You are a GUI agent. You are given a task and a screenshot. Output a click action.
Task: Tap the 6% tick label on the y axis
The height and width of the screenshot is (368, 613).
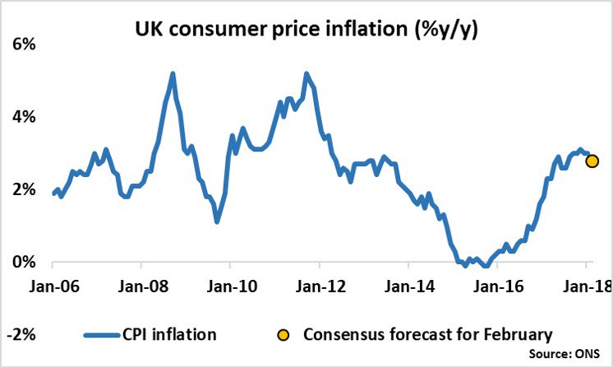pyautogui.click(x=22, y=44)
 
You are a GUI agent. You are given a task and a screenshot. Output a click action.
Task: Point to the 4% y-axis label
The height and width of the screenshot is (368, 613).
pyautogui.click(x=22, y=117)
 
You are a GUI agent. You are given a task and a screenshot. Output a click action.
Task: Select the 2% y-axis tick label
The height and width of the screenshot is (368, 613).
pyautogui.click(x=22, y=189)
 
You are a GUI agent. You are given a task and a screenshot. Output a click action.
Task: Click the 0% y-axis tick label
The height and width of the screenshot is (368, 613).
pyautogui.click(x=22, y=262)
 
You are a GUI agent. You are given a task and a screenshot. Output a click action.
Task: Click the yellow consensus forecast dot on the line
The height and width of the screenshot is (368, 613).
pyautogui.click(x=592, y=161)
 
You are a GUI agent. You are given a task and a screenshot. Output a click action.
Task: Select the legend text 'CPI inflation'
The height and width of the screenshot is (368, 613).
pyautogui.click(x=171, y=334)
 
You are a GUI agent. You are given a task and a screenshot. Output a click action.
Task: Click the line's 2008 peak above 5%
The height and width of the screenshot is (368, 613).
pyautogui.click(x=173, y=73)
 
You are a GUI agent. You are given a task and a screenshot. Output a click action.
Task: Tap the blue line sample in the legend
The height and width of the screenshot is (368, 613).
pyautogui.click(x=104, y=334)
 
